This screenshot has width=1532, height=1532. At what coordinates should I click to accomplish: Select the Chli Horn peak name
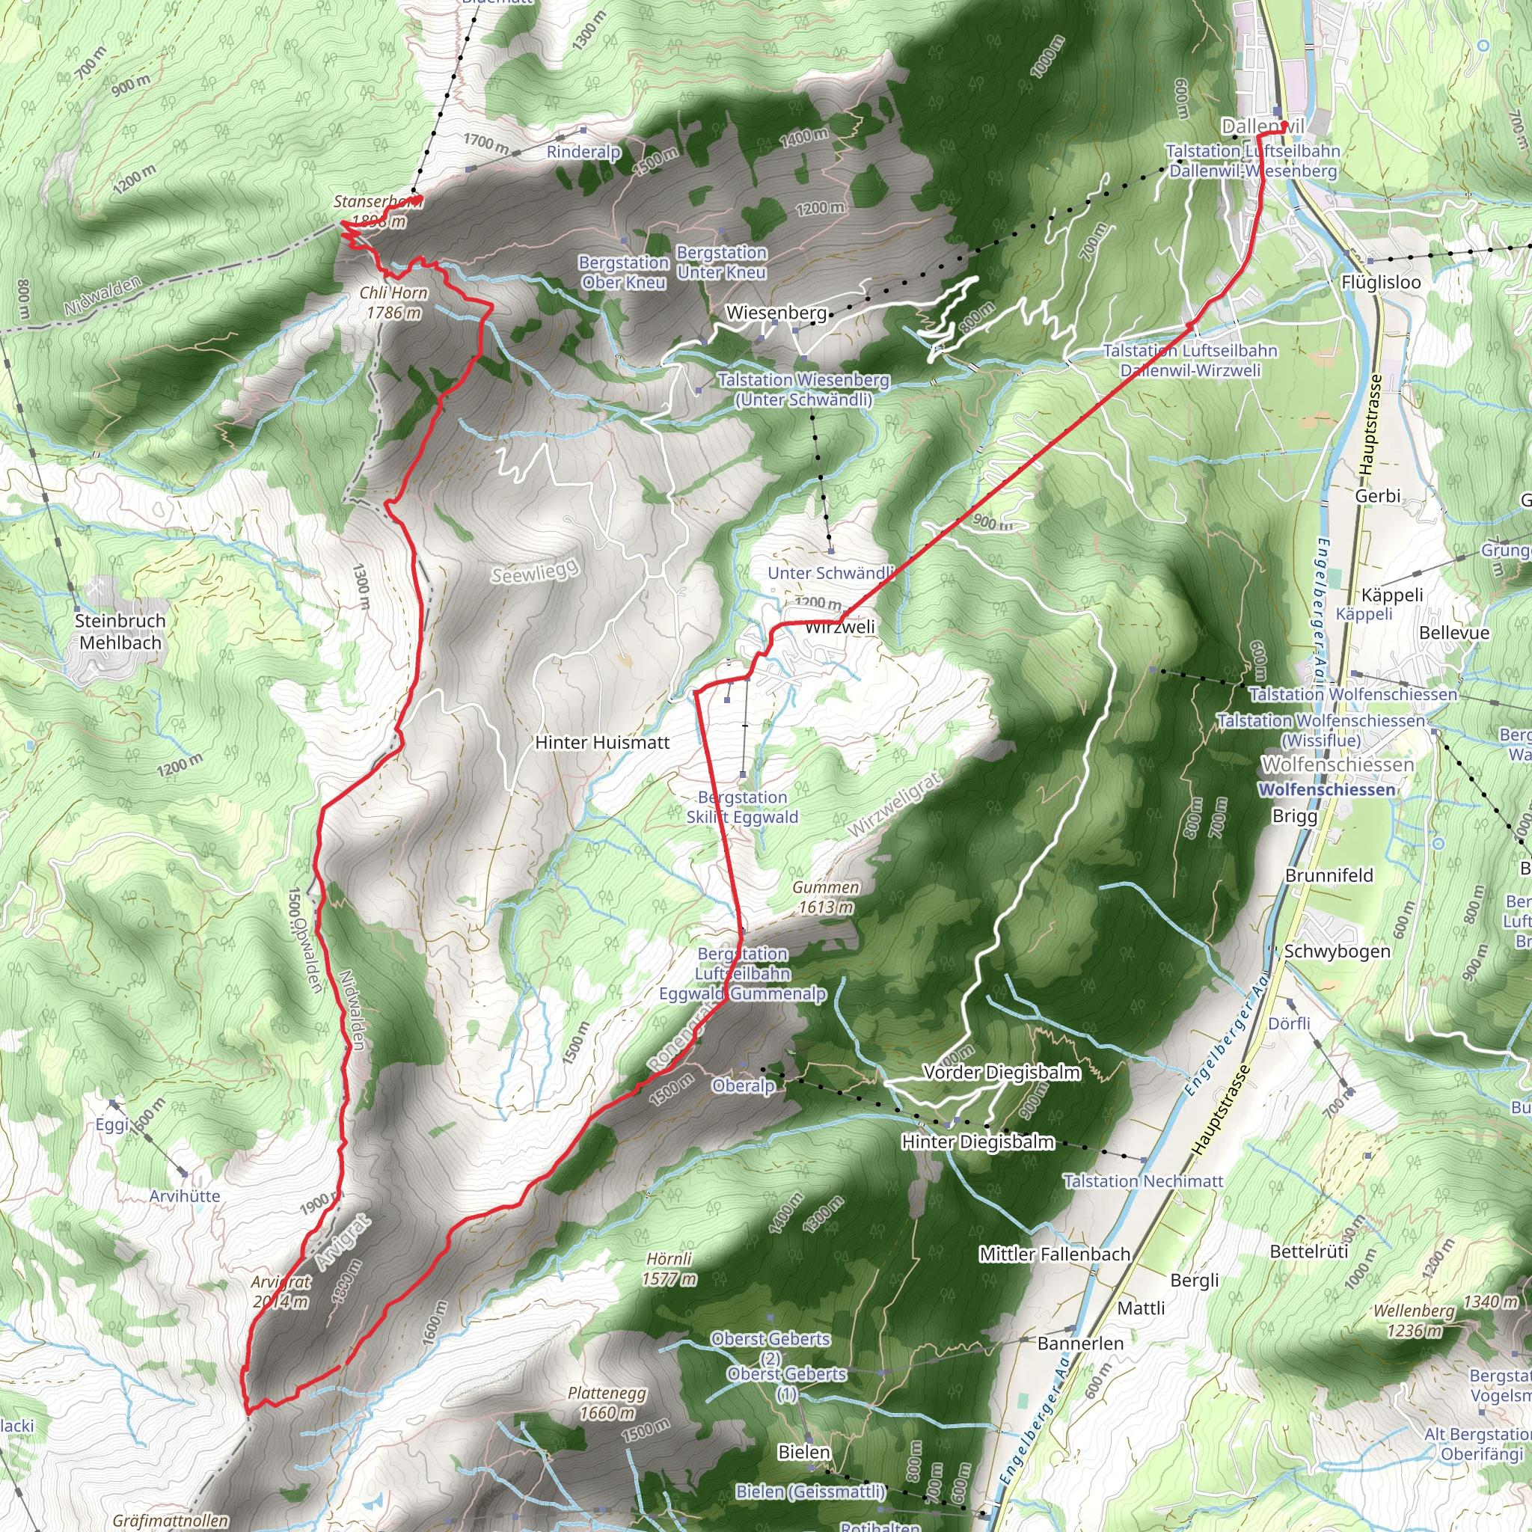point(393,292)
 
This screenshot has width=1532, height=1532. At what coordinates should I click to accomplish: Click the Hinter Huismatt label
point(602,742)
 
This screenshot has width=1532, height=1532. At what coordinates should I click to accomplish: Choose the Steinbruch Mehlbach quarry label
point(120,631)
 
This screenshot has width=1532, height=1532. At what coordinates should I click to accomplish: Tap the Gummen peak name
point(826,887)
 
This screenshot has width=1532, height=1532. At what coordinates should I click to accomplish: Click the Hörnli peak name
point(670,1258)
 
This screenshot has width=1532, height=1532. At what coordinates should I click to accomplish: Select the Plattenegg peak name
point(607,1393)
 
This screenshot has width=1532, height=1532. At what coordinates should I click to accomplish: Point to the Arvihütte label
point(185,1196)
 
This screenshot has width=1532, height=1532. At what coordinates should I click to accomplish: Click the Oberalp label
point(743,1085)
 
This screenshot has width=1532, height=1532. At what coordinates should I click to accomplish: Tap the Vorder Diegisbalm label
point(1002,1072)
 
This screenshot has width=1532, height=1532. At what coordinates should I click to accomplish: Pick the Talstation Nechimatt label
point(1143,1180)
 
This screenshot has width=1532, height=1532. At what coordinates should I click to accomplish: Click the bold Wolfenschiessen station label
point(1326,790)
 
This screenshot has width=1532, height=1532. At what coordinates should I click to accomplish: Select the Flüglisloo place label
point(1381,282)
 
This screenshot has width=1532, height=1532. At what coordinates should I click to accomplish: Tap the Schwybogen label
point(1337,951)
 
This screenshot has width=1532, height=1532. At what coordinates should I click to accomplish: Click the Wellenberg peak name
point(1414,1311)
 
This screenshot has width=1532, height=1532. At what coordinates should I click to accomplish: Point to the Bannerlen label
point(1080,1343)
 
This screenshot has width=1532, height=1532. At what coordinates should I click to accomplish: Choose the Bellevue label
point(1454,633)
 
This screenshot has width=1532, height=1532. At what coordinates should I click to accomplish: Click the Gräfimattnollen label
point(171,1521)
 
